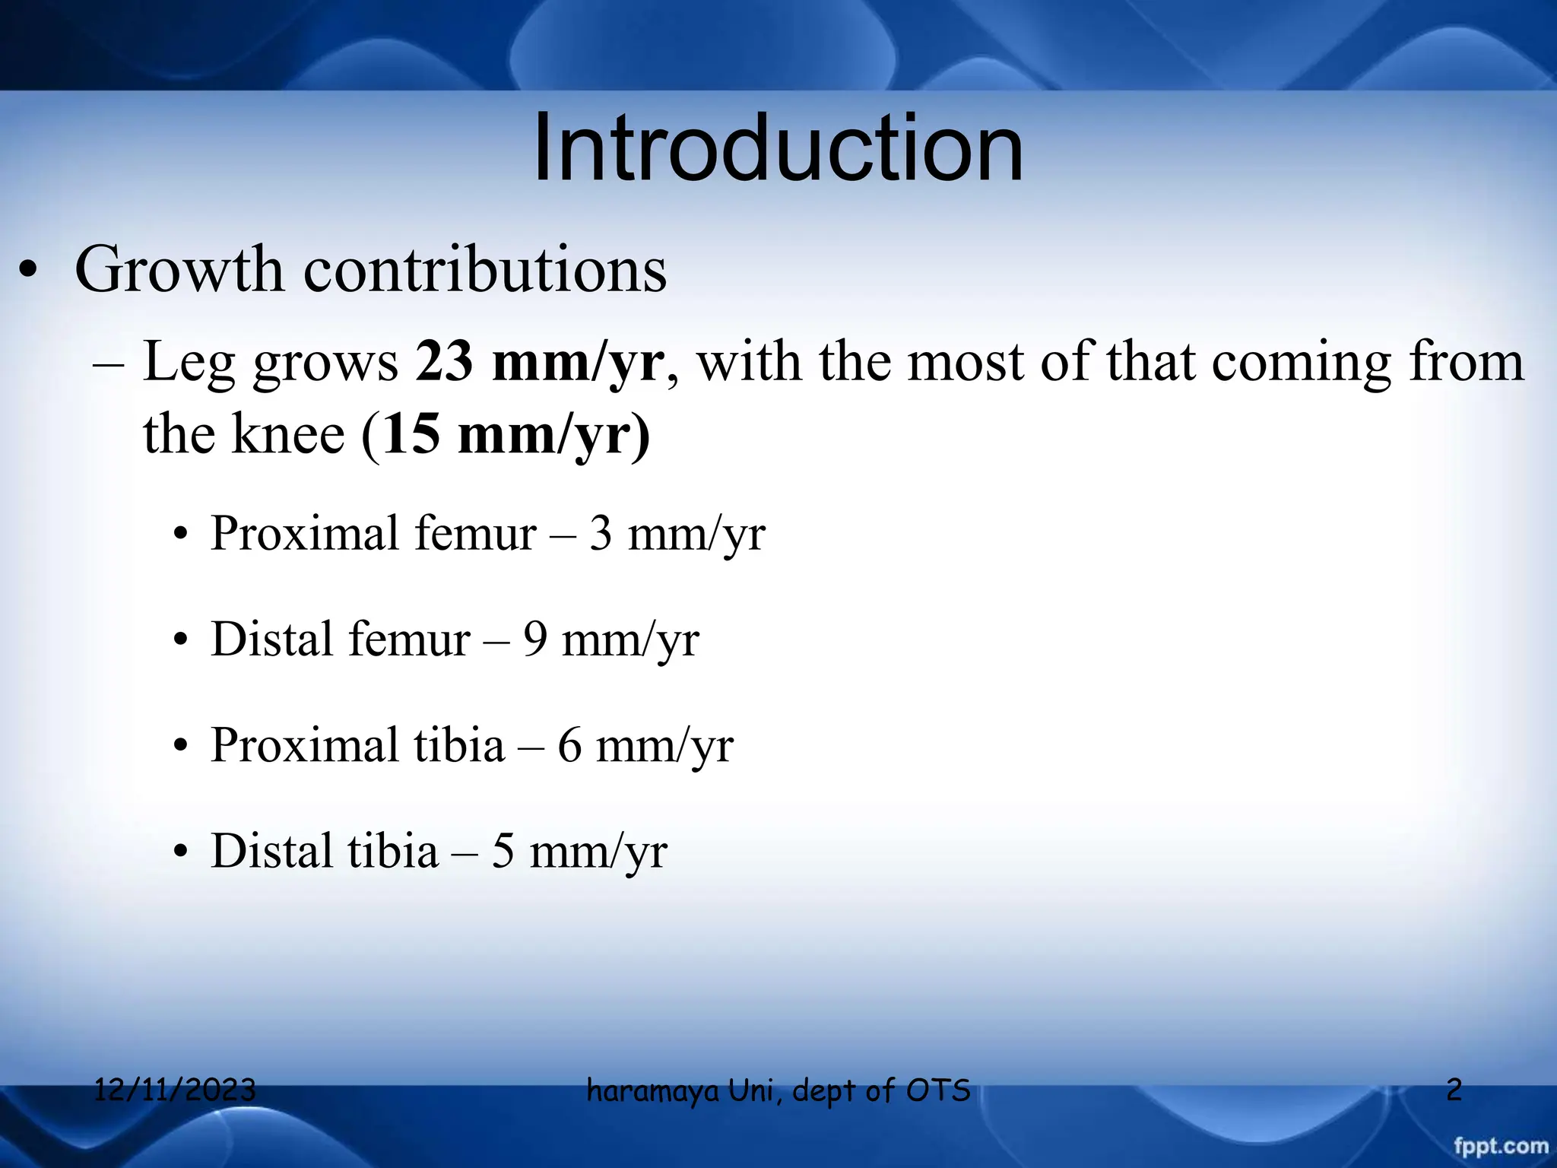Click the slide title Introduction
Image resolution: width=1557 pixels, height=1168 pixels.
click(778, 148)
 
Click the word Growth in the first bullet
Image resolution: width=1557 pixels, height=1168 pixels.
click(179, 270)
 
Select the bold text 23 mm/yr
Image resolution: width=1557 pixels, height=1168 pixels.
click(540, 362)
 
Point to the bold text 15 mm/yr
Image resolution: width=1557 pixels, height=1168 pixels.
click(515, 435)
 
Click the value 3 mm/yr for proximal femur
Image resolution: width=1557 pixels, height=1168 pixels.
click(677, 534)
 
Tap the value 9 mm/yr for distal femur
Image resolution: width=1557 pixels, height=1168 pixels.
click(610, 640)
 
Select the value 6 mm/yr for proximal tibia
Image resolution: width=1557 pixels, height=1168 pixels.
click(645, 745)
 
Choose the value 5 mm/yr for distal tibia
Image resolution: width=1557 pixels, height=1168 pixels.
click(579, 851)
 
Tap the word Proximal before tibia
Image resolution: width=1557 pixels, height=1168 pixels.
click(304, 745)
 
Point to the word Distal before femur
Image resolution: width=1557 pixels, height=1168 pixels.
click(271, 640)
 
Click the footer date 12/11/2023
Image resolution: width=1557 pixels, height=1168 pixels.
click(175, 1090)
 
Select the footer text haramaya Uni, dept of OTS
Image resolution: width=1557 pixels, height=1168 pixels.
click(778, 1090)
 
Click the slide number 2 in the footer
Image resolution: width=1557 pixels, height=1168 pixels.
click(1454, 1090)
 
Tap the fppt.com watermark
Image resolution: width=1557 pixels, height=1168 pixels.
click(1501, 1146)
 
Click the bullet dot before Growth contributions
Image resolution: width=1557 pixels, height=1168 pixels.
click(28, 274)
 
